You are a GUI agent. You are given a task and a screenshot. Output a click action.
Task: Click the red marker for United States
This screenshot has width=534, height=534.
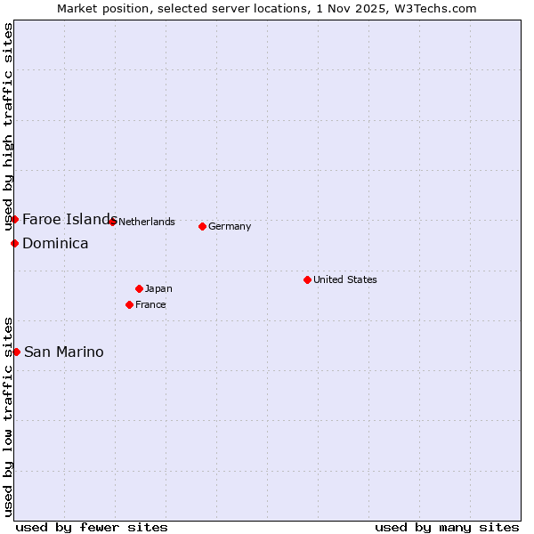click(x=307, y=279)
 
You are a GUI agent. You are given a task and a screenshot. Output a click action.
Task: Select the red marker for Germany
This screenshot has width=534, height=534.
click(x=202, y=226)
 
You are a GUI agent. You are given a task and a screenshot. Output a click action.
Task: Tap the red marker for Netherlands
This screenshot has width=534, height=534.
click(x=112, y=222)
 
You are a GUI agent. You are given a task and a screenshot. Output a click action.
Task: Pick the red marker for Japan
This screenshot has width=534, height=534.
click(x=139, y=288)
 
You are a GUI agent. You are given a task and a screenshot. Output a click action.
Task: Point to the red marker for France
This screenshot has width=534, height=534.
click(x=129, y=304)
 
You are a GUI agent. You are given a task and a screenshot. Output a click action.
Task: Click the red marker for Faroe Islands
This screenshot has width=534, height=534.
click(x=14, y=219)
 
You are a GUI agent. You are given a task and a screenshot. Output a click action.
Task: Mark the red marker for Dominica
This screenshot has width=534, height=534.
click(x=14, y=243)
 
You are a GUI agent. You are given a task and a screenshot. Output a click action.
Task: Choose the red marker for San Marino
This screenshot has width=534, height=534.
click(x=16, y=352)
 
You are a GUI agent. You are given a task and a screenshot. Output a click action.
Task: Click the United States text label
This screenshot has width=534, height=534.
click(x=345, y=279)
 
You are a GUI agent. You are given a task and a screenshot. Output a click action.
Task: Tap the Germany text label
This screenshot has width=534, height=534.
click(x=230, y=226)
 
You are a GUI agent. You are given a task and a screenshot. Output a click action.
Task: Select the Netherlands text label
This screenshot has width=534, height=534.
click(x=147, y=222)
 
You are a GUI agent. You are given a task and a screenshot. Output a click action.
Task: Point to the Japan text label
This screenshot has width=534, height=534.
click(x=158, y=288)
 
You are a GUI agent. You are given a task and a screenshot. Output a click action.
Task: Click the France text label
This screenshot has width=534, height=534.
click(x=150, y=304)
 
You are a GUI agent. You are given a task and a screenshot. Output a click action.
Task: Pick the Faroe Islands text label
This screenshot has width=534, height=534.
click(x=69, y=219)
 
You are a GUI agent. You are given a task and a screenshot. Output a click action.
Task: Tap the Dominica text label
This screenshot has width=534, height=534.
click(x=55, y=243)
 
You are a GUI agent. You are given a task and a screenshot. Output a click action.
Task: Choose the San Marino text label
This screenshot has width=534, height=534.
click(x=63, y=352)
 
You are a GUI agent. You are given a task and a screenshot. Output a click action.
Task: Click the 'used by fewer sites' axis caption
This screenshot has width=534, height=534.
click(x=92, y=527)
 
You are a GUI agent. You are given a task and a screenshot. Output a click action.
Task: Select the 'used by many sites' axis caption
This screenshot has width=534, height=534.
click(x=447, y=527)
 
